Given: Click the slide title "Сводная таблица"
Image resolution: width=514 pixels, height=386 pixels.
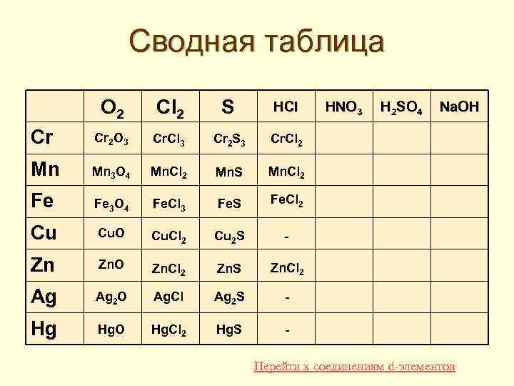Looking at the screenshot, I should pyautogui.click(x=257, y=41).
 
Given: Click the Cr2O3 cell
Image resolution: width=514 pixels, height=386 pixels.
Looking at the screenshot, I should pyautogui.click(x=113, y=141).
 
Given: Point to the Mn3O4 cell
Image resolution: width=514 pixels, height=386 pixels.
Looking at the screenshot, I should pyautogui.click(x=113, y=172).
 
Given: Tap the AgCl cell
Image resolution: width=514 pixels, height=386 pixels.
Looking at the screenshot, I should pyautogui.click(x=170, y=297).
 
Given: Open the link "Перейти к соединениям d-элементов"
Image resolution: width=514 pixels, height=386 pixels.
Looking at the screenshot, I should pyautogui.click(x=354, y=367).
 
